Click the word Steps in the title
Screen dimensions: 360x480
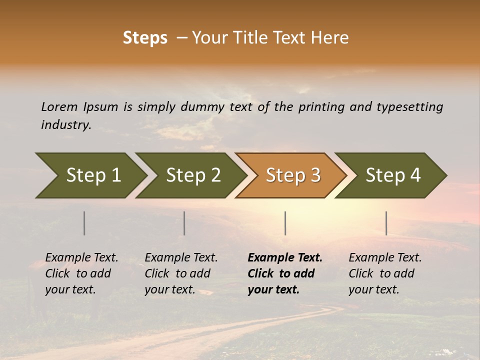(x=145, y=38)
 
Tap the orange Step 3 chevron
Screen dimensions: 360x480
(x=293, y=175)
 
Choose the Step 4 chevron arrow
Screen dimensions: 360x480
(x=393, y=175)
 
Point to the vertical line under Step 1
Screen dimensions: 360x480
(x=84, y=223)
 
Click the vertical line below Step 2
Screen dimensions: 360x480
(x=184, y=223)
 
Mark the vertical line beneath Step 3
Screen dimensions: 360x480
(x=285, y=223)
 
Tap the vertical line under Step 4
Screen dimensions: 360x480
(x=386, y=223)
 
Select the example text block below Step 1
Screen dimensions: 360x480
(x=81, y=273)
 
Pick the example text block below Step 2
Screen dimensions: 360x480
(x=181, y=273)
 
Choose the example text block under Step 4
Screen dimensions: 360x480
(x=385, y=273)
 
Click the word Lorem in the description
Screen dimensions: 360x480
(x=59, y=107)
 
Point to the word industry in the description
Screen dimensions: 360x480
(x=66, y=125)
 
